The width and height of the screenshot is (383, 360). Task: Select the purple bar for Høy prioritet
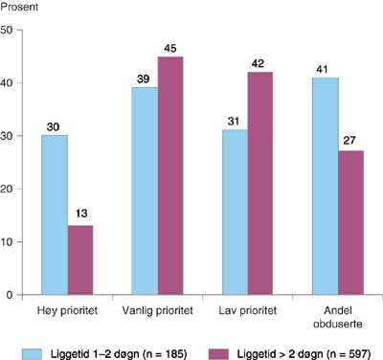tap(80, 260)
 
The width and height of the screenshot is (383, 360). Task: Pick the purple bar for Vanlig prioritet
tap(170, 176)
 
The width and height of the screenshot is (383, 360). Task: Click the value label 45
tap(170, 48)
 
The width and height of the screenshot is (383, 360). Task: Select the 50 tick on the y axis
tap(8, 31)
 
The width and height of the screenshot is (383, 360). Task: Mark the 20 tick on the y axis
tap(8, 190)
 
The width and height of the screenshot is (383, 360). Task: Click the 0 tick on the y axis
tap(11, 295)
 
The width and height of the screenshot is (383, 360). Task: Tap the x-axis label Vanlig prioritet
tap(156, 313)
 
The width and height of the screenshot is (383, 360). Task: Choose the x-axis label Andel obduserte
tap(337, 318)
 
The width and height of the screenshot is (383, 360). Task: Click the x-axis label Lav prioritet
tap(246, 313)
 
